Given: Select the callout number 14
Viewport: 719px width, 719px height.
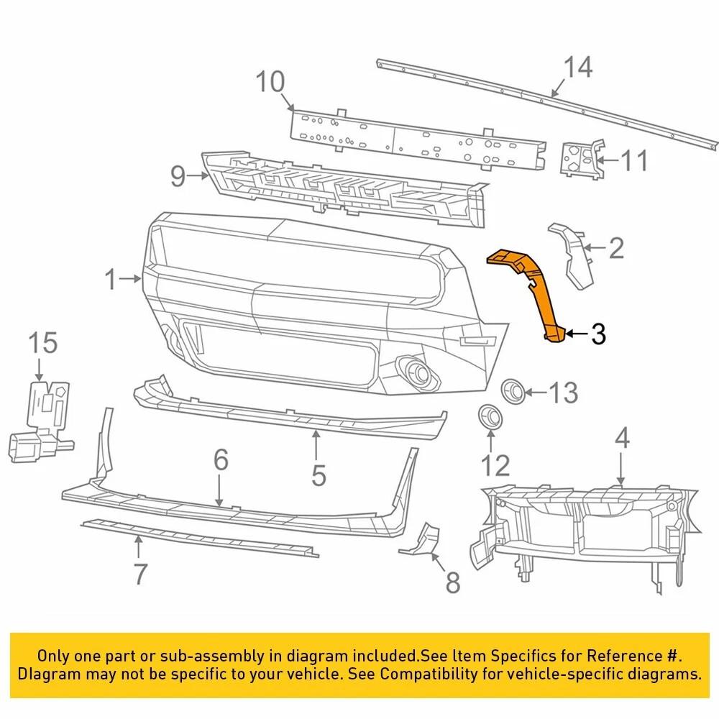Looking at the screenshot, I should (x=578, y=68).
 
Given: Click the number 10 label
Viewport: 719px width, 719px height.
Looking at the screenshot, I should (x=271, y=82).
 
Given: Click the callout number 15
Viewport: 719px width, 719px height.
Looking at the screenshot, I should (x=43, y=343).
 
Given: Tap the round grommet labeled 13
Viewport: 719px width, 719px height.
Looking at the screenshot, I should (x=512, y=389).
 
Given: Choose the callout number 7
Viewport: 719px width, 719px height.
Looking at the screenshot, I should (x=140, y=574).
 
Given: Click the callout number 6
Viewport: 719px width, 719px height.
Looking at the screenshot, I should (x=221, y=460).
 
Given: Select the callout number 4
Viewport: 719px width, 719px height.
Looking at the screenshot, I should (x=622, y=438).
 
